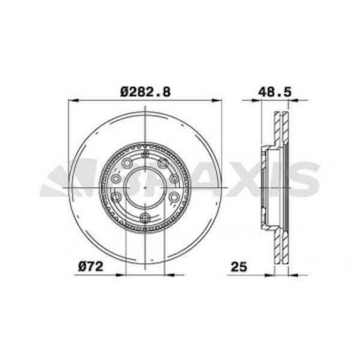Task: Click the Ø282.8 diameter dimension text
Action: (145, 92)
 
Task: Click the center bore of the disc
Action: (145, 187)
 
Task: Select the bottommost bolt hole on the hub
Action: (145, 217)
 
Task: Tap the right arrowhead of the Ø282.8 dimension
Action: (217, 100)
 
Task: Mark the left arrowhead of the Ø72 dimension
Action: (121, 275)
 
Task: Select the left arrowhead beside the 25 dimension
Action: (270, 275)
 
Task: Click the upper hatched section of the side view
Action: (281, 128)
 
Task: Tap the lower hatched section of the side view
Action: (281, 247)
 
